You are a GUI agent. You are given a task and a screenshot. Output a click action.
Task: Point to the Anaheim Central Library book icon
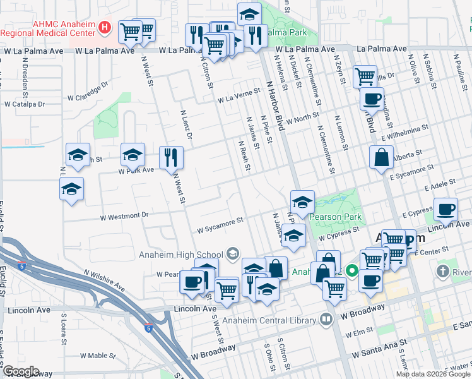coord(326,320)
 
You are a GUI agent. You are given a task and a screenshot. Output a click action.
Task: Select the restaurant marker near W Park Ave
coord(171,158)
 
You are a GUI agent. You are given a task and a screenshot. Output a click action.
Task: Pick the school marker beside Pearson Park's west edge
coord(302,202)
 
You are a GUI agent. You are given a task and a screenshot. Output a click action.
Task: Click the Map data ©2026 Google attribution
coord(433,373)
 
